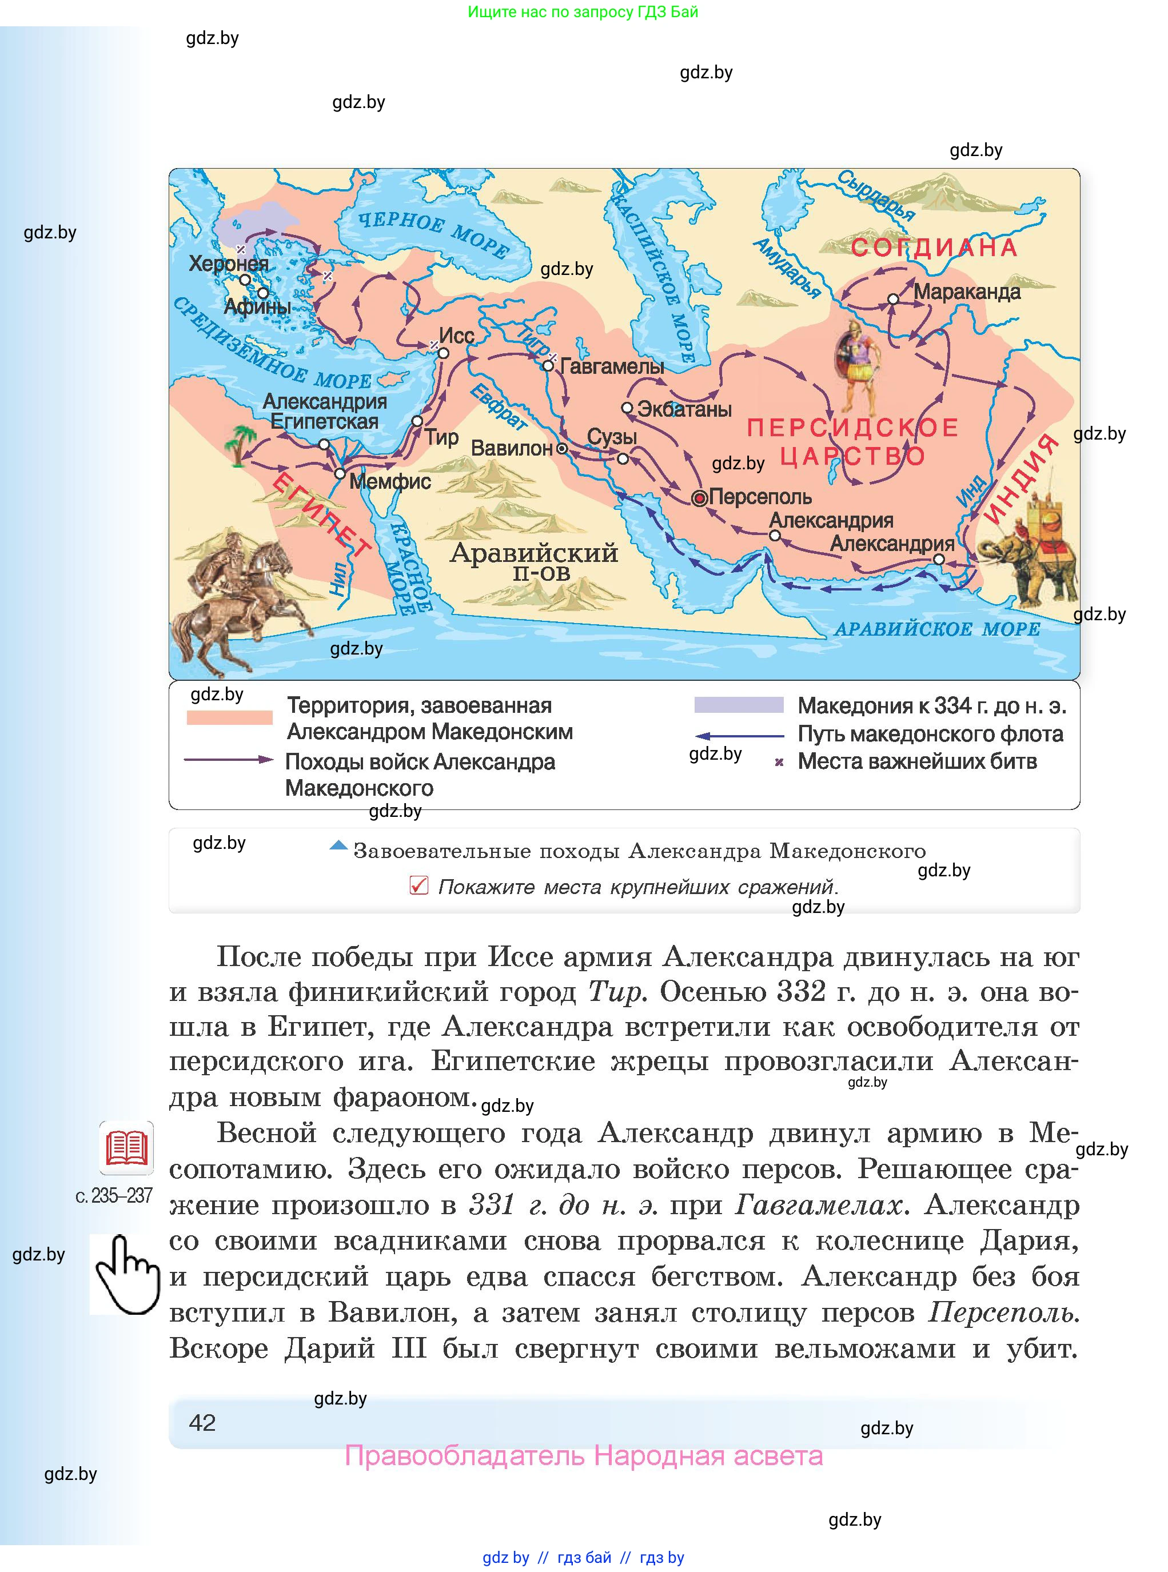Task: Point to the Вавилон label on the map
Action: [x=511, y=448]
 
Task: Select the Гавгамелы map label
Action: [x=612, y=366]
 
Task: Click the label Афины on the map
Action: [x=257, y=307]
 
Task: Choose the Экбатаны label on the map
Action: [x=684, y=409]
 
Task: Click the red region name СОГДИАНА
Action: [x=934, y=248]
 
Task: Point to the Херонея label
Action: [x=228, y=264]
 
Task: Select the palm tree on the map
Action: [x=240, y=442]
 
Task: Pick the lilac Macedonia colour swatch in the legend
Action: [x=739, y=705]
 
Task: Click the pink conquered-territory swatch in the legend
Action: [x=229, y=717]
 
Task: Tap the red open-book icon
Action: [x=126, y=1148]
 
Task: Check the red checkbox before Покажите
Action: [x=418, y=885]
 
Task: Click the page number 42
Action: [x=202, y=1422]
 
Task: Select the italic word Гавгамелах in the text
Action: [x=819, y=1204]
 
